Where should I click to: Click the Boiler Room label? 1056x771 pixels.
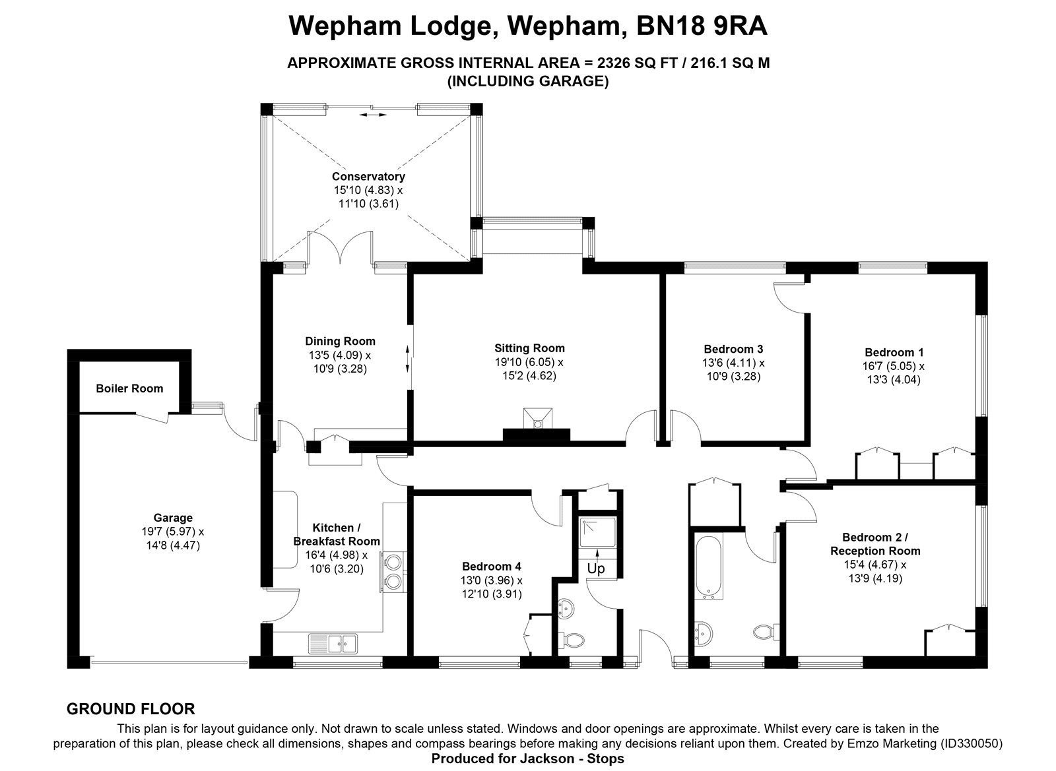pos(129,388)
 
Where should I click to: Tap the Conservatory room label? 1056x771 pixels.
pos(368,177)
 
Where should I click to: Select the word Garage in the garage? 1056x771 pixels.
pos(173,518)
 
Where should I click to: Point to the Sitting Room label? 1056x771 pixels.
pos(529,348)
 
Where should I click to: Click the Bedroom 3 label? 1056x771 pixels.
pos(733,350)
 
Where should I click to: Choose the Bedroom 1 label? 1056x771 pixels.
pos(894,352)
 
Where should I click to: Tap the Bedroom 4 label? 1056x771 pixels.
pos(492,567)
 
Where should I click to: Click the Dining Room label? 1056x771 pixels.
pos(341,342)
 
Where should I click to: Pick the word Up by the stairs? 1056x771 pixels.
pos(596,569)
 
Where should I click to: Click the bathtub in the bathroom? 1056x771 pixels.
pos(709,567)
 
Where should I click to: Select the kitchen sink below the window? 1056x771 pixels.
pos(333,644)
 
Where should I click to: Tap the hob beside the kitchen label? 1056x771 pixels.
pos(394,571)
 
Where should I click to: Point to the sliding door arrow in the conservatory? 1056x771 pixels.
pos(372,115)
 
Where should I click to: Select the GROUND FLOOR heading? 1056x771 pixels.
pos(131,709)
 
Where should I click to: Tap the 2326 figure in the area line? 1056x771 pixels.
pos(614,63)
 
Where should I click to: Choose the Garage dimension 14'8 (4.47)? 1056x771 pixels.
pos(173,545)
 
